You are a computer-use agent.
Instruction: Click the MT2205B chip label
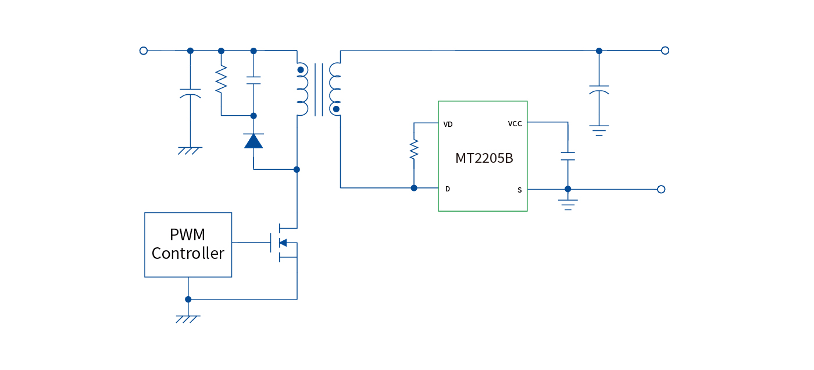tap(484, 158)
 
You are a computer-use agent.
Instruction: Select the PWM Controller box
tap(188, 245)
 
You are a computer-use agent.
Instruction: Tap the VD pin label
tap(448, 124)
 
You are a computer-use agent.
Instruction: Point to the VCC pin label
tap(515, 123)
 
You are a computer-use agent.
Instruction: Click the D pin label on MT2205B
tap(447, 189)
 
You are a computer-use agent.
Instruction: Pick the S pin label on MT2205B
tap(519, 190)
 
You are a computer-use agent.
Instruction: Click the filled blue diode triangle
tap(254, 141)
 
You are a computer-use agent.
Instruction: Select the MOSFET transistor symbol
tap(284, 242)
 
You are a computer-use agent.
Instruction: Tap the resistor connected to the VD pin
tap(414, 150)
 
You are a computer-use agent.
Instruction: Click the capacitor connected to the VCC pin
tap(567, 156)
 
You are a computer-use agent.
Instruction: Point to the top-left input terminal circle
tap(144, 51)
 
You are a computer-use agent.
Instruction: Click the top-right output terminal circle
tap(665, 51)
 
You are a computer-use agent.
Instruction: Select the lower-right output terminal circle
tap(661, 189)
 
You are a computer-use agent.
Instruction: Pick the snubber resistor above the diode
tap(221, 80)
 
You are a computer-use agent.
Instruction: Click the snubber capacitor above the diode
tap(254, 80)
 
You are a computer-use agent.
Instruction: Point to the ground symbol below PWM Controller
tap(188, 318)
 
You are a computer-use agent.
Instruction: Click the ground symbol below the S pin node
tap(567, 204)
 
